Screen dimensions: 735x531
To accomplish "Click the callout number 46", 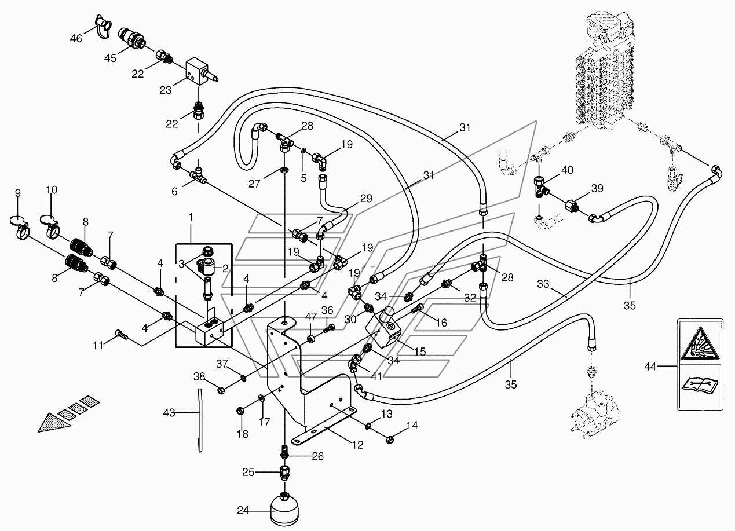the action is (x=76, y=39).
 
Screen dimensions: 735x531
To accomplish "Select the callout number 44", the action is (x=650, y=367).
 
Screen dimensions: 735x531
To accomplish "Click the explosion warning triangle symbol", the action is (x=700, y=343).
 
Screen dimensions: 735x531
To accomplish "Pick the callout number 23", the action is (x=166, y=90).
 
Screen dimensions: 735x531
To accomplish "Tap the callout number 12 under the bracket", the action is (x=358, y=445).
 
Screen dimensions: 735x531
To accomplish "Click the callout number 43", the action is (x=169, y=413).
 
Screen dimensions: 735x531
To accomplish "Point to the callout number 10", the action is (x=52, y=190).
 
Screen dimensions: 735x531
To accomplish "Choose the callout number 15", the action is (x=420, y=351).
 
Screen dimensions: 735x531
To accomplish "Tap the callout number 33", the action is (x=543, y=284).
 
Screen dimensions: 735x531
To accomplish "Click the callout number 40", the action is (x=567, y=170).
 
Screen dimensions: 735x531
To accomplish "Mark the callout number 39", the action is (x=597, y=189).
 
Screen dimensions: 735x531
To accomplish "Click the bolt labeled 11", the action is (x=122, y=335).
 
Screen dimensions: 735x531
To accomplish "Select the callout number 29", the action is (x=366, y=199).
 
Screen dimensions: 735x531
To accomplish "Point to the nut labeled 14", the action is (x=390, y=440).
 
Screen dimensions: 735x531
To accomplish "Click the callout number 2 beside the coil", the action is (x=225, y=269).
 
